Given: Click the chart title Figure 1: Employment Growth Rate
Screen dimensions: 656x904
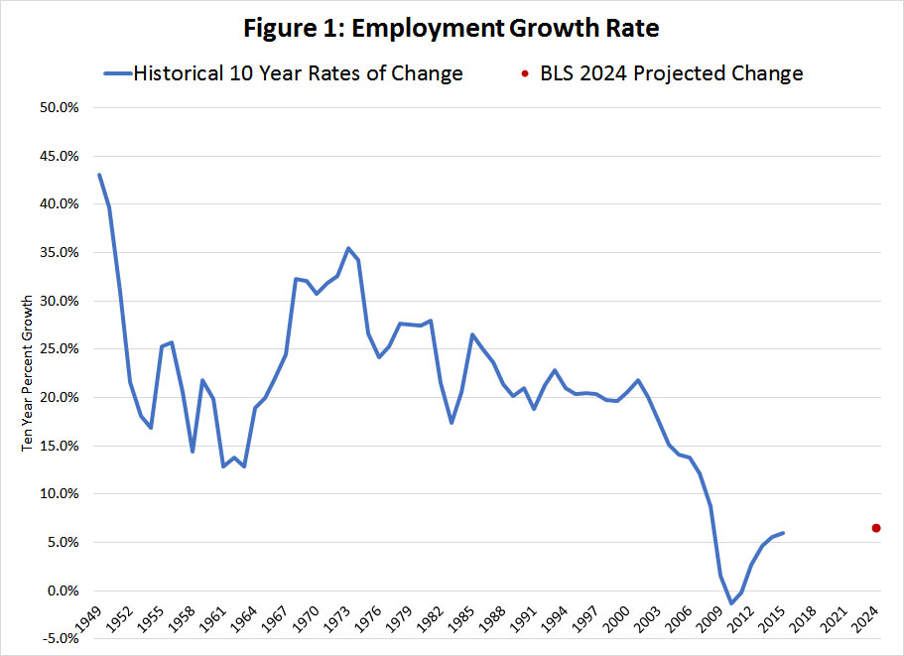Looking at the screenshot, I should click(452, 29).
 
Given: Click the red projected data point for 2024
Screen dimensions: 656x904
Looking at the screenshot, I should click(876, 528).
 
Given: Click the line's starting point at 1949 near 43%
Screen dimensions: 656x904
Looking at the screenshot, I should click(99, 175).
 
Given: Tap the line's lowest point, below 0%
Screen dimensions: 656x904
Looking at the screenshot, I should click(731, 603).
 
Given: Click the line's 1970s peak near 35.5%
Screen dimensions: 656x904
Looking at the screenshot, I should click(348, 248).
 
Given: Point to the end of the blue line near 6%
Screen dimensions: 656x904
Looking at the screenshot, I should click(783, 533).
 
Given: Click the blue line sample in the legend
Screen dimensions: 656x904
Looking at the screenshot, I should click(116, 73).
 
